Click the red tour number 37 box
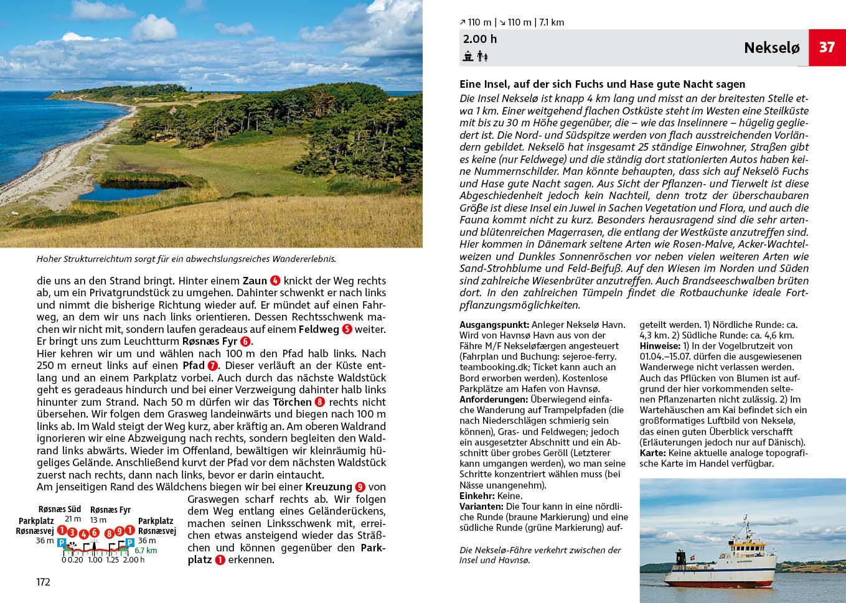click(827, 47)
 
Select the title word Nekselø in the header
click(771, 48)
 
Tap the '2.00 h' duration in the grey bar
click(480, 39)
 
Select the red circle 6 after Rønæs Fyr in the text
click(245, 342)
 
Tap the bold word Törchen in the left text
click(292, 402)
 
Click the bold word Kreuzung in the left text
click(329, 487)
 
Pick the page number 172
click(43, 582)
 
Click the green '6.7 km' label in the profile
click(146, 551)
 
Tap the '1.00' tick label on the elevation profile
click(95, 560)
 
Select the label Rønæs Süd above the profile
click(60, 510)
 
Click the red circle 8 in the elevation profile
click(110, 533)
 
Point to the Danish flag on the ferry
click(761, 537)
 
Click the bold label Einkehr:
click(477, 496)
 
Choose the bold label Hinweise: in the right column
click(660, 346)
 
